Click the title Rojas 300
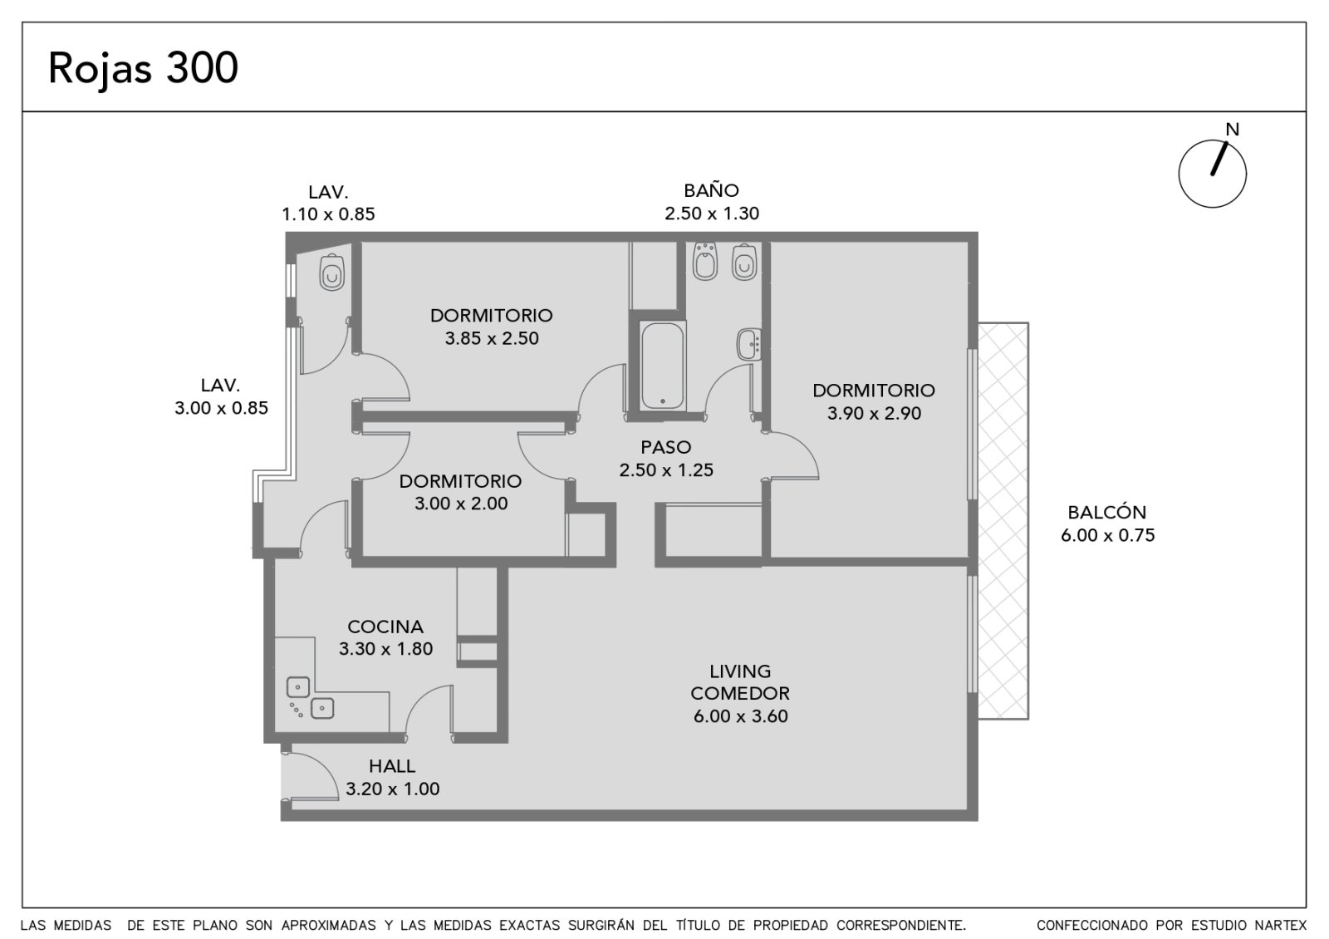point(143,69)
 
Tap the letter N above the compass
point(1233,130)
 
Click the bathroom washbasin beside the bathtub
point(749,344)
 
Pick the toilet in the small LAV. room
point(332,273)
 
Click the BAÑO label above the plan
point(711,190)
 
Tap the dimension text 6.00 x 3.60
point(740,715)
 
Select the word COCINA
point(385,627)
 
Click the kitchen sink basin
point(298,687)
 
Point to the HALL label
point(392,766)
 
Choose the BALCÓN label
point(1107,512)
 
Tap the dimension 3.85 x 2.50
point(492,338)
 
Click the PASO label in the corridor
point(666,447)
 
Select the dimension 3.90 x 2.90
point(875,413)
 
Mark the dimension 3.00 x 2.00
point(461,504)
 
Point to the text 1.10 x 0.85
point(328,214)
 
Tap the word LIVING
point(740,671)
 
